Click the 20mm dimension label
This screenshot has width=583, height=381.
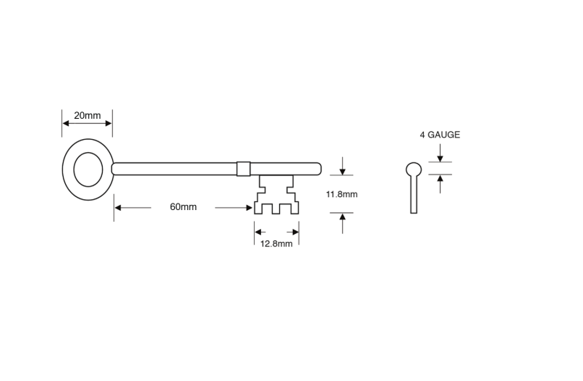[88, 115]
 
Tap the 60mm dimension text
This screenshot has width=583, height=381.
[183, 206]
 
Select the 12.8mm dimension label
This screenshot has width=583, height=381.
[276, 244]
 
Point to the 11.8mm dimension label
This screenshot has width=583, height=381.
[341, 194]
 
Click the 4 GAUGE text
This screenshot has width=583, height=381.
[440, 135]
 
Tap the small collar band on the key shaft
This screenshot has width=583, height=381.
[244, 169]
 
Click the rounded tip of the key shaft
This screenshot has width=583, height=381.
[319, 169]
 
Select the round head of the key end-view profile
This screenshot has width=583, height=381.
[414, 169]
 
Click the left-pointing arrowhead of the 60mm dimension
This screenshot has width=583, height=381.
[118, 207]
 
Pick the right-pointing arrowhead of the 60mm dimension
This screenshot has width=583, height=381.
[249, 207]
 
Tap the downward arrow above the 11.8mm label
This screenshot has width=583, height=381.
[342, 166]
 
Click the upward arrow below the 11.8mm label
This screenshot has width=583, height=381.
[342, 223]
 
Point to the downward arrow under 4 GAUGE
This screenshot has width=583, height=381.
[441, 153]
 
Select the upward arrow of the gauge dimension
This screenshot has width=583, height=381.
[441, 184]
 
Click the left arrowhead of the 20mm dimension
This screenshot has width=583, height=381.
[66, 124]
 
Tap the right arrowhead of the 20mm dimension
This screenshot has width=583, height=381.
[108, 124]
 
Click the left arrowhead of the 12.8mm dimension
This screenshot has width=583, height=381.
[258, 233]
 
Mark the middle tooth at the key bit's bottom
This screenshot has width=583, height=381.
[276, 209]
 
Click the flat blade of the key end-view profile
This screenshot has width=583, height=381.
[414, 194]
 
